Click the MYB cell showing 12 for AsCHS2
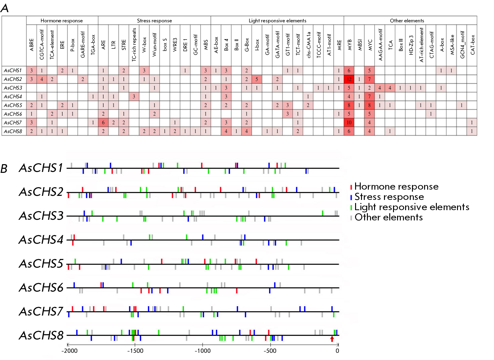coord(349,79)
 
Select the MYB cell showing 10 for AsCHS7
coord(349,122)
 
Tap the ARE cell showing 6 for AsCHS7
coord(103,122)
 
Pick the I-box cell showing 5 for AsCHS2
coord(257,79)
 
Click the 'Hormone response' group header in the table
coord(62,21)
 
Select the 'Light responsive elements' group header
coord(277,21)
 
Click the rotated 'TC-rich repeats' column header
coord(134,44)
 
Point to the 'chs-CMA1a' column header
coord(308,44)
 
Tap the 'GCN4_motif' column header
coord(462,44)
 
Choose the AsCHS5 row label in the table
coord(13,105)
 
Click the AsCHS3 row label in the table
coord(13,88)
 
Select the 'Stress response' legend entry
coord(389,197)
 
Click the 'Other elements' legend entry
coord(388,217)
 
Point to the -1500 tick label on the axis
coord(135,351)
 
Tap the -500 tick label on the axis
coord(270,351)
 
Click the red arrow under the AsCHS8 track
coord(332,339)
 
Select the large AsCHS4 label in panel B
coord(41,240)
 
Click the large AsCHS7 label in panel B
coord(41,312)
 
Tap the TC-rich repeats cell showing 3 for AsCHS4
coord(134,97)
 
